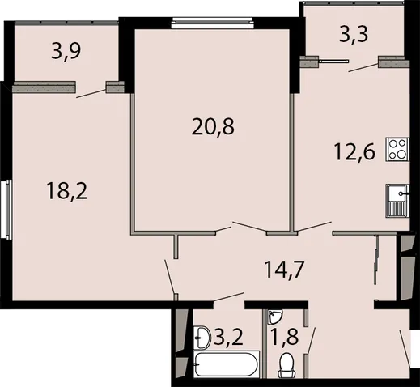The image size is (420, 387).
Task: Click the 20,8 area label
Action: [213, 127]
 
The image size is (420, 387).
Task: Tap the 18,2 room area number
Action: [67, 191]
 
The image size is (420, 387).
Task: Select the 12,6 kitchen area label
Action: [354, 151]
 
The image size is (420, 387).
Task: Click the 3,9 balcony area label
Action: [66, 52]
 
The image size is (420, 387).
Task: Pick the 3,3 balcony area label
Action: [354, 35]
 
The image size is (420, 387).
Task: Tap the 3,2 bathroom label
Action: [229, 337]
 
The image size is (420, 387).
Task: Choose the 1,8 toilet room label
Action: [285, 337]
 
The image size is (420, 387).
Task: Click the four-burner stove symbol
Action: [397, 150]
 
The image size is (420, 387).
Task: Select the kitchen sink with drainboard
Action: [397, 201]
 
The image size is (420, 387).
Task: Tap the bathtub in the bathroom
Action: [227, 365]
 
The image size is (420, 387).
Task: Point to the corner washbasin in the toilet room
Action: [274, 317]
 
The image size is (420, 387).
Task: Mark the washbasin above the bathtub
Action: [202, 338]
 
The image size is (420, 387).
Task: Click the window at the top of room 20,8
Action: [213, 23]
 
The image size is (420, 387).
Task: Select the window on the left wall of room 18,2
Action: [6, 210]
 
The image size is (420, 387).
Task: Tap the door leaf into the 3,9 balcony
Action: [91, 93]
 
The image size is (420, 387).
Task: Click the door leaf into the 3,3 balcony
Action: [363, 67]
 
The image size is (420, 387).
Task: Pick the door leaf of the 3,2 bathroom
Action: [229, 296]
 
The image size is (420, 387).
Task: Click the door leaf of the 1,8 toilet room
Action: [312, 341]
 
